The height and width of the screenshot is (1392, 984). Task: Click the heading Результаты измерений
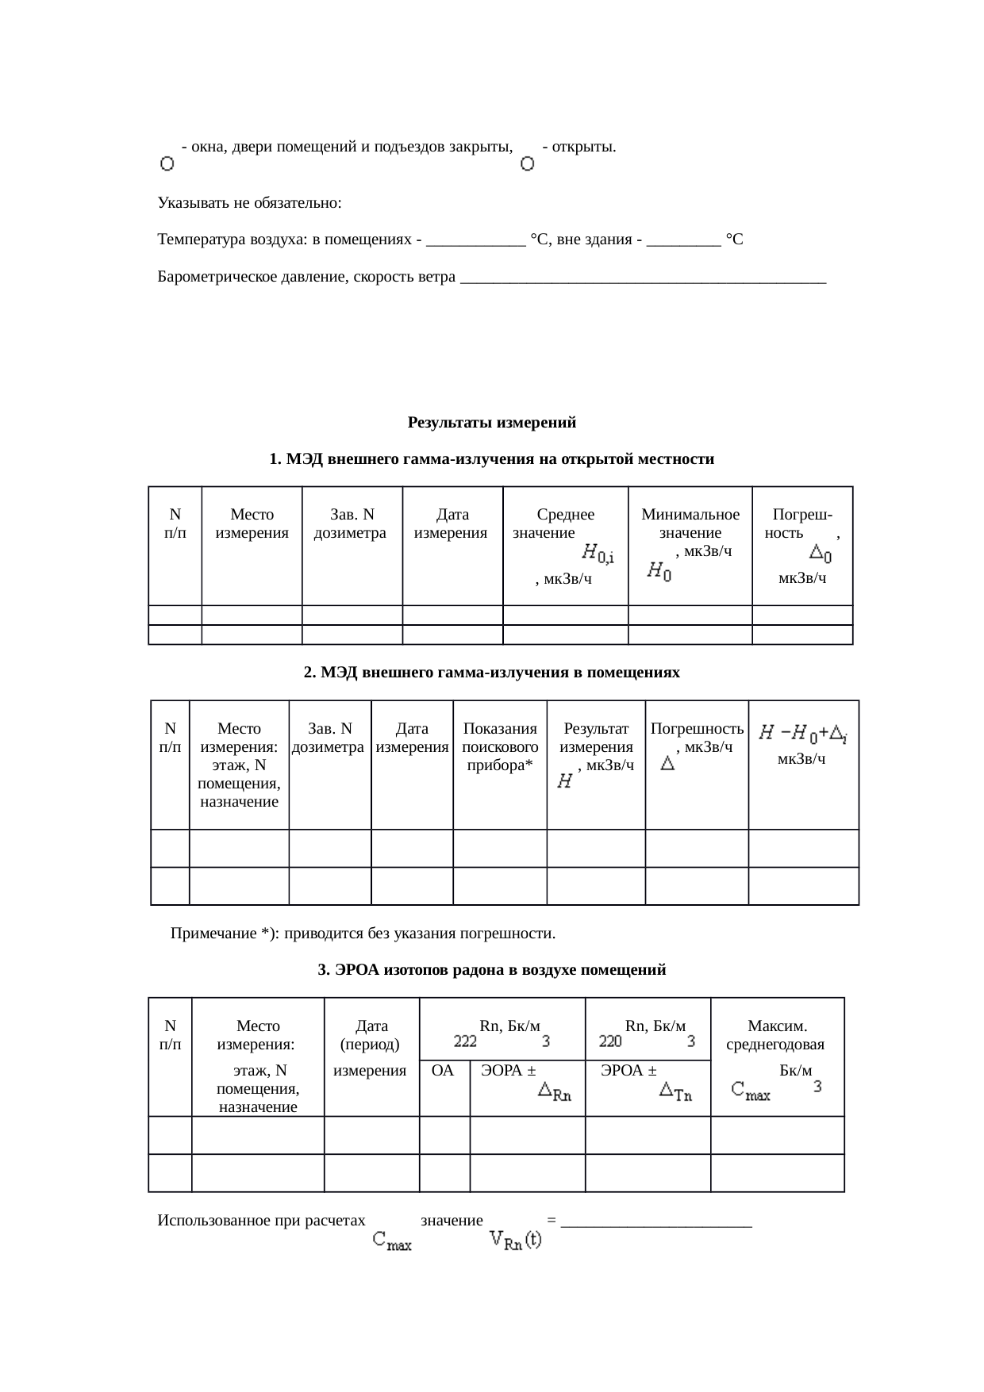pos(491,423)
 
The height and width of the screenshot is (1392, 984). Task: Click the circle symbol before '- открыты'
pos(527,164)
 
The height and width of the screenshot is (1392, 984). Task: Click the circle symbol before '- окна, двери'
pos(167,164)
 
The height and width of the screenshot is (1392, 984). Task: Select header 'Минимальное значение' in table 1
pos(690,524)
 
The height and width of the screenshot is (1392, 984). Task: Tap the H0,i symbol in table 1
pos(598,553)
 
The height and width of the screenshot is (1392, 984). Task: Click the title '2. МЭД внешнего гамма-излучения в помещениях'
pos(491,673)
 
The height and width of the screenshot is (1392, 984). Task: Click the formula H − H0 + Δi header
pos(802,734)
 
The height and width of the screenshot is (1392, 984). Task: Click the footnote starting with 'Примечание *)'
pos(363,934)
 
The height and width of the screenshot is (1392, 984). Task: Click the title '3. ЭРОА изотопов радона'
pos(491,970)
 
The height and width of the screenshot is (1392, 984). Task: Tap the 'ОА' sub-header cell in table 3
pos(442,1072)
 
